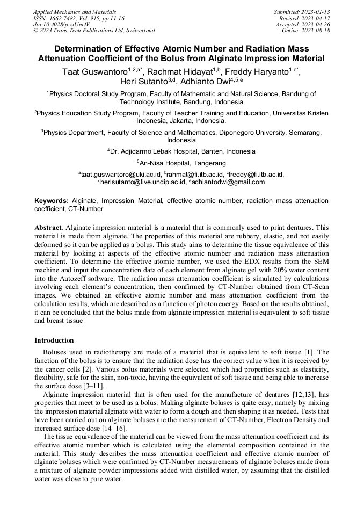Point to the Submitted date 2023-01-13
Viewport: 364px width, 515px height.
coord(302,11)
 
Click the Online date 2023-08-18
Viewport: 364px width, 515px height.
coord(307,31)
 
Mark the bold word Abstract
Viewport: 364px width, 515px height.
coord(48,228)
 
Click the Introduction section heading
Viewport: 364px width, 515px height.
coord(54,340)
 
